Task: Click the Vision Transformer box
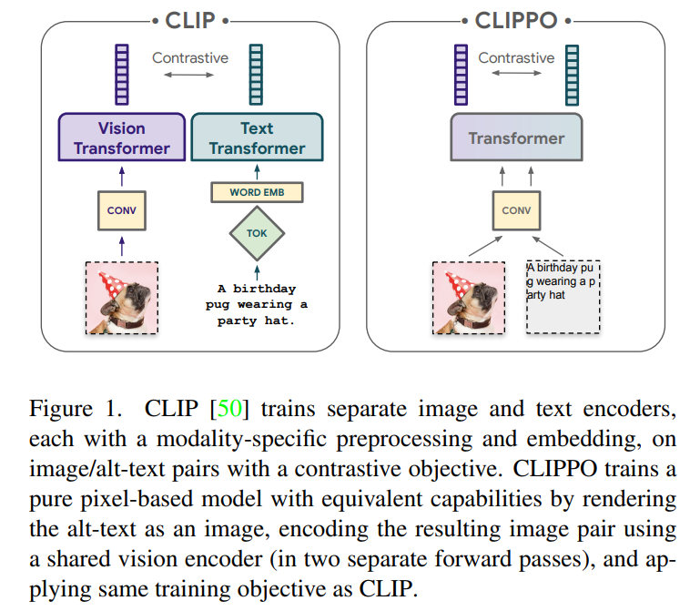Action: pyautogui.click(x=121, y=137)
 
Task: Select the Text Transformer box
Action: pyautogui.click(x=257, y=137)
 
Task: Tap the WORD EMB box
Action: pyautogui.click(x=257, y=192)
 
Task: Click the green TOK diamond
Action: pyautogui.click(x=257, y=233)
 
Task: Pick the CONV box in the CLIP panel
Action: pyautogui.click(x=122, y=211)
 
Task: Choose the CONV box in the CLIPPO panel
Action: pyautogui.click(x=516, y=211)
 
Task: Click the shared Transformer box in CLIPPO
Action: pyautogui.click(x=516, y=137)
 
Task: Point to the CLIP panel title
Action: pyautogui.click(x=190, y=21)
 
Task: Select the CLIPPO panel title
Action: pyautogui.click(x=516, y=21)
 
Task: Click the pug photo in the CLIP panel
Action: pyautogui.click(x=122, y=298)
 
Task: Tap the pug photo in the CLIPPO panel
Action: pyautogui.click(x=469, y=298)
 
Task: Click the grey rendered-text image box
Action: pyautogui.click(x=563, y=297)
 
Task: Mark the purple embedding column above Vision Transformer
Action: pyautogui.click(x=122, y=75)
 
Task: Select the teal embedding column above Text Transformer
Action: pyautogui.click(x=256, y=75)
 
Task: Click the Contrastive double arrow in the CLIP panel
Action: pyautogui.click(x=188, y=75)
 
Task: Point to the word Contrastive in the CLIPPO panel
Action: pyautogui.click(x=516, y=57)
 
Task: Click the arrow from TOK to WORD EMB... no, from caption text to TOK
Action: pyautogui.click(x=257, y=272)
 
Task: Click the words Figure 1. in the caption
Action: pyautogui.click(x=76, y=408)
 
